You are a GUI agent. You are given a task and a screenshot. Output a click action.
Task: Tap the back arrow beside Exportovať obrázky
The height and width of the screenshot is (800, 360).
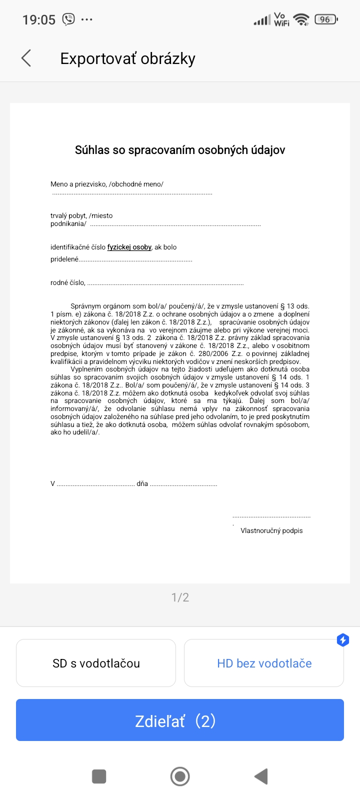coord(26,58)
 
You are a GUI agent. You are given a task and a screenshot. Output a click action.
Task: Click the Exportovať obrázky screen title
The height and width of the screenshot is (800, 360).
coord(127,58)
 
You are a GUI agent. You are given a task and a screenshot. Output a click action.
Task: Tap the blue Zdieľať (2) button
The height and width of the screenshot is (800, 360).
coord(180,720)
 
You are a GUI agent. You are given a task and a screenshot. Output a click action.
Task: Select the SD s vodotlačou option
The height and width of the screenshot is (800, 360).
coord(96,663)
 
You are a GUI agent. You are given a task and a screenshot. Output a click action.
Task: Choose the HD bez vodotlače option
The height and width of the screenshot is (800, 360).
coord(264,663)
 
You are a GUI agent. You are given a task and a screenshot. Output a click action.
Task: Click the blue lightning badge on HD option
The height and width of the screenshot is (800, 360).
coord(343,640)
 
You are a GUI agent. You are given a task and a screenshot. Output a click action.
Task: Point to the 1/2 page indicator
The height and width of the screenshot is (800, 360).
coord(180,597)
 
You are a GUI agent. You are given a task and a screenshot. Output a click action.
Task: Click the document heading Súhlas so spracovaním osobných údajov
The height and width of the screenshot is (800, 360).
coord(180,150)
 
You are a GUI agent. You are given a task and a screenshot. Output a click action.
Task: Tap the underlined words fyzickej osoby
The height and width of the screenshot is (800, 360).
coord(129,247)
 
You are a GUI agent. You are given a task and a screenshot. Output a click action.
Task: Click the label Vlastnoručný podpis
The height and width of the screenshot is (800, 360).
coord(271,530)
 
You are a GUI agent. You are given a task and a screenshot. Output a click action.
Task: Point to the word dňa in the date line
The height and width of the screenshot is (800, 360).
coord(142,483)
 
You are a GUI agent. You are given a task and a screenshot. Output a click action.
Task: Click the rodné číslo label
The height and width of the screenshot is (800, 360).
coord(67,282)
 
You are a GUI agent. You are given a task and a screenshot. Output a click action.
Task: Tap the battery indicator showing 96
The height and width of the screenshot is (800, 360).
coord(326,19)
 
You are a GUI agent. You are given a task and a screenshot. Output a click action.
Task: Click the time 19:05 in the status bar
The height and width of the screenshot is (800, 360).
coord(39,20)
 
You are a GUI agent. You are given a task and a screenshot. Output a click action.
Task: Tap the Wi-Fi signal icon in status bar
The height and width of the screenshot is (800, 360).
coord(301,19)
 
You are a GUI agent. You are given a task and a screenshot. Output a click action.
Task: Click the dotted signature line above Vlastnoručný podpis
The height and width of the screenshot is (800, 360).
coord(271,516)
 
